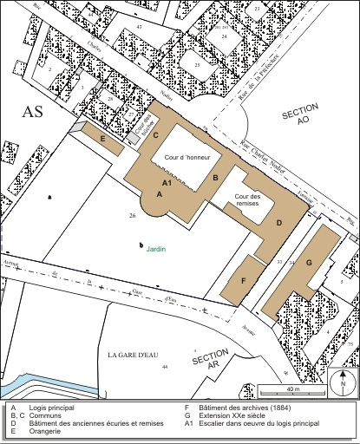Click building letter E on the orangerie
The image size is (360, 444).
(103, 139)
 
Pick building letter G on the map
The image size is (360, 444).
(309, 263)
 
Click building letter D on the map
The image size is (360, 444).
(278, 223)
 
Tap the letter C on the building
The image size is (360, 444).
(155, 135)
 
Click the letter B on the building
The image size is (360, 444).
(215, 178)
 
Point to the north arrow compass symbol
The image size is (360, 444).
(343, 382)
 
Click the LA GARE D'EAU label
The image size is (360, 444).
(135, 356)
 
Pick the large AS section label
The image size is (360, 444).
(33, 112)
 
